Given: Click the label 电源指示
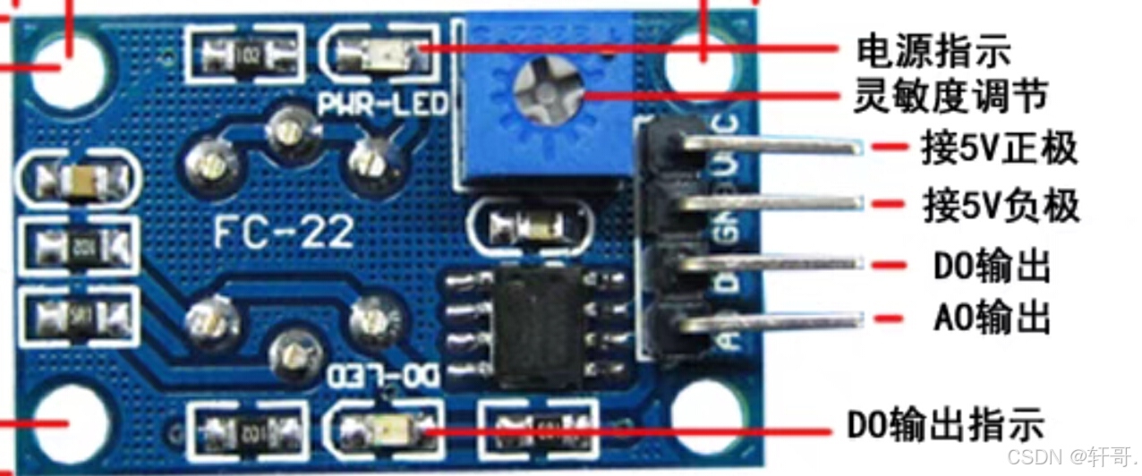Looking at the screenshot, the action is click(x=934, y=51).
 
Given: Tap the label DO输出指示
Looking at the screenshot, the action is click(x=946, y=424).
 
